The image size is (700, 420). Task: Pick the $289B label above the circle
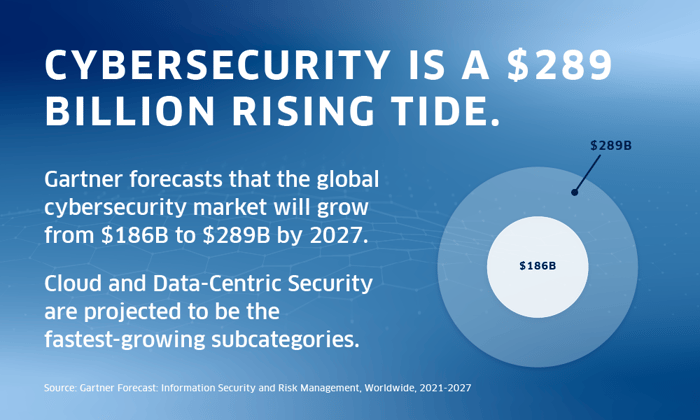point(610,146)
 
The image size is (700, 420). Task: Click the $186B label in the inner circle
point(537,266)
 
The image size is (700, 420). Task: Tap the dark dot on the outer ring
point(574,192)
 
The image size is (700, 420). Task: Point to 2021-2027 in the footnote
point(441,387)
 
